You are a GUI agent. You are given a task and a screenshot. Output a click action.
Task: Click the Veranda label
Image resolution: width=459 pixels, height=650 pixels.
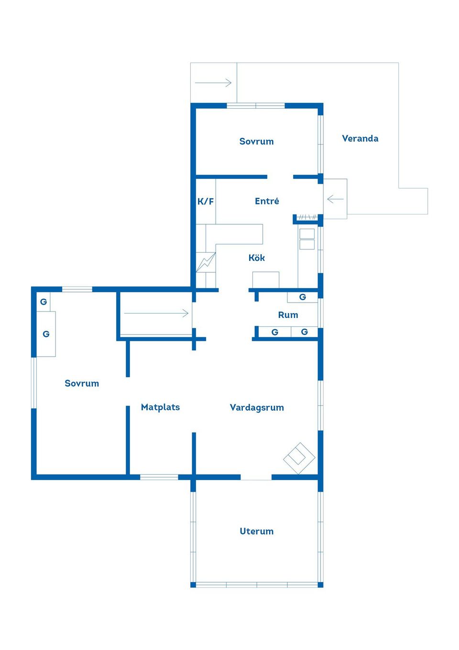point(360,138)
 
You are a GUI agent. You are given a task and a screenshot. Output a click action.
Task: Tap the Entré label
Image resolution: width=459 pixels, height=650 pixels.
point(267,201)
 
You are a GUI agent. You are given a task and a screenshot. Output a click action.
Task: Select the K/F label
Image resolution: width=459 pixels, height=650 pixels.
point(206,201)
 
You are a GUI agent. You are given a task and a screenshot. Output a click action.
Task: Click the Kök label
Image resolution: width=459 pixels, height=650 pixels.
point(256,258)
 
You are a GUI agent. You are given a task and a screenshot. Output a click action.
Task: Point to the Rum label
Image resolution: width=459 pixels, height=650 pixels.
point(288,315)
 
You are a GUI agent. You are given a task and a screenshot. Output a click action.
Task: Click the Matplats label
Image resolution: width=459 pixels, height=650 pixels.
point(160,407)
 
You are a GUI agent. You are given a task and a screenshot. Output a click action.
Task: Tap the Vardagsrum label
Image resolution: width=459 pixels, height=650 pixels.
point(257,407)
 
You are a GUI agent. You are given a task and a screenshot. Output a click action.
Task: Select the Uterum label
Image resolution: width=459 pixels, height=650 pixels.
point(257,531)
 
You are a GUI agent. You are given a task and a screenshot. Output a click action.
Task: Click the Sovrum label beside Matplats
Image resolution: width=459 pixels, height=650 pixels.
point(82,383)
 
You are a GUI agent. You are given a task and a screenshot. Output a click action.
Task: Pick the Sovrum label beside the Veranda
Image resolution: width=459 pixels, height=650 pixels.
point(256,141)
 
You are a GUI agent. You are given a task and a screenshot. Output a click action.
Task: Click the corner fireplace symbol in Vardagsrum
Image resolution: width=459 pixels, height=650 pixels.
point(299,458)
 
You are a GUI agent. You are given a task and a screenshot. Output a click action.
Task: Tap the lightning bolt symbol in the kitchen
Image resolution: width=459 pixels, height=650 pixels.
point(206,262)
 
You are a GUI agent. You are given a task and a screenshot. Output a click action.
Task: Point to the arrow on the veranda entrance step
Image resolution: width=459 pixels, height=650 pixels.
point(335,199)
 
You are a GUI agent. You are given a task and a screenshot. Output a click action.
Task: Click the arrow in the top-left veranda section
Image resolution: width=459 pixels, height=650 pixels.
point(213,83)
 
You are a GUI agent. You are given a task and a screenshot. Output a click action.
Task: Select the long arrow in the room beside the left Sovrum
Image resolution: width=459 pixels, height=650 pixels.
point(156,313)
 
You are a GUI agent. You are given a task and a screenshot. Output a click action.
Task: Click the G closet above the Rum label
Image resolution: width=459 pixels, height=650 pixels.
point(303,297)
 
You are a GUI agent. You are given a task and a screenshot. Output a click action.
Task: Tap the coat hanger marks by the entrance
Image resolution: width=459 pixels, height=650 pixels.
point(307,217)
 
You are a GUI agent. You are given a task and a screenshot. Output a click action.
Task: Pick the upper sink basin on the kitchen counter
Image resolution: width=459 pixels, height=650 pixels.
point(307,234)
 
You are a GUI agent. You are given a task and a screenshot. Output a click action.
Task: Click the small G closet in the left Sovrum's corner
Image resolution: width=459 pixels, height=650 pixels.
point(44,302)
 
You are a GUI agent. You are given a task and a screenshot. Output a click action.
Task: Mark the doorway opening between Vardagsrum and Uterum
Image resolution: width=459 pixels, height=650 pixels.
point(256,477)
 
